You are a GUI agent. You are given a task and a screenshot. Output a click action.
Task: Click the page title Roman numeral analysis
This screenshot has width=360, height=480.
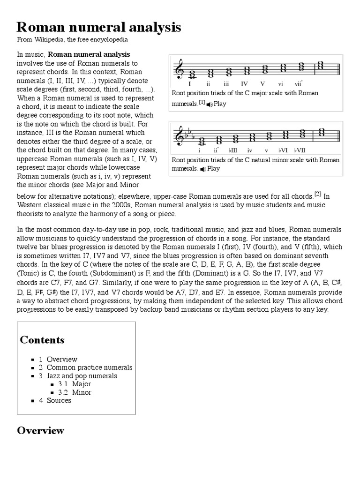[x=98, y=27]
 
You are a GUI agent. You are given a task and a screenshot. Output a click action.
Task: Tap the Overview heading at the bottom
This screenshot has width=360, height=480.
[x=40, y=430]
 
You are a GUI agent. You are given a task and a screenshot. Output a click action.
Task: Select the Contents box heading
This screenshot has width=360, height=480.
[x=42, y=340]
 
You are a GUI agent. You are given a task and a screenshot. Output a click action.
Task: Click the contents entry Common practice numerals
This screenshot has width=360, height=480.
[x=90, y=367]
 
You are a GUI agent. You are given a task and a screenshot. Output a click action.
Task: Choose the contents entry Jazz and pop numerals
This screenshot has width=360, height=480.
[x=82, y=376]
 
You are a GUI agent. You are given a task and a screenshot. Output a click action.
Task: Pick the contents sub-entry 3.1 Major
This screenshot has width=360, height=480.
[x=82, y=384]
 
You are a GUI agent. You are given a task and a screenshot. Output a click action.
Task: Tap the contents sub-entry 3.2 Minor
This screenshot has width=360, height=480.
[x=82, y=392]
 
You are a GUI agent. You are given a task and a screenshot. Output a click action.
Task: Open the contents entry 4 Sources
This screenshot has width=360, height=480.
[x=59, y=400]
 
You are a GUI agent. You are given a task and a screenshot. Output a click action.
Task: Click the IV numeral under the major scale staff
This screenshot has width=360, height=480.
[x=244, y=84]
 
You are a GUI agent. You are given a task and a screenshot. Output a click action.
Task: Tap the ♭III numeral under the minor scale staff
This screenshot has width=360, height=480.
[x=233, y=150]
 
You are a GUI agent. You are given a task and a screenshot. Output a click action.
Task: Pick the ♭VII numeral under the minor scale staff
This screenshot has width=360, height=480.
[x=300, y=150]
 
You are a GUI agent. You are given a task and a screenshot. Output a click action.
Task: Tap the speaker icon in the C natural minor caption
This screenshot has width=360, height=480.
[x=202, y=169]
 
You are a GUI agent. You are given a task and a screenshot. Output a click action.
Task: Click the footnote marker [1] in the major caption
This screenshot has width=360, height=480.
[x=202, y=102]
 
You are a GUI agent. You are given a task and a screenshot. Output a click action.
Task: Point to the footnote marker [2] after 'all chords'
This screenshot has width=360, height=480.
[x=317, y=194]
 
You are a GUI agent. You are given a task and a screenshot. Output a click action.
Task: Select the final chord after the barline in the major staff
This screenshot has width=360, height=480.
[x=321, y=66]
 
